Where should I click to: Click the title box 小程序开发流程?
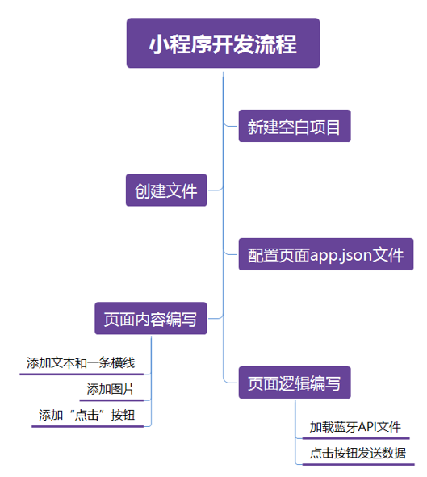click(x=223, y=43)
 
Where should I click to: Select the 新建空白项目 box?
click(x=295, y=126)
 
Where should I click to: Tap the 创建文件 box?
click(x=166, y=190)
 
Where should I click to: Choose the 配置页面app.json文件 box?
click(x=326, y=254)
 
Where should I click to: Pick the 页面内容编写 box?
click(x=151, y=319)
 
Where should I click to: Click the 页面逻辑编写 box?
click(x=295, y=383)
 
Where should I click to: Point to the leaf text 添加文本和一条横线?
click(x=81, y=363)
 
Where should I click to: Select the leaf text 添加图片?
click(x=111, y=389)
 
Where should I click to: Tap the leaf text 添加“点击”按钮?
click(x=86, y=415)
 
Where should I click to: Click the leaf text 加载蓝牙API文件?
click(x=355, y=427)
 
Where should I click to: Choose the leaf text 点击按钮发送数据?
click(x=358, y=454)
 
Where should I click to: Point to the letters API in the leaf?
click(x=366, y=427)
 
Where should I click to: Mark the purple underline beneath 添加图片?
click(x=111, y=400)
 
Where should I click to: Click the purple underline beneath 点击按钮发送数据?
click(x=358, y=465)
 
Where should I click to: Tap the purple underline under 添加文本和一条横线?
click(x=82, y=374)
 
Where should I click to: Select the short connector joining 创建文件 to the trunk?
click(x=216, y=190)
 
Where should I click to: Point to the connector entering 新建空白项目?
click(x=230, y=125)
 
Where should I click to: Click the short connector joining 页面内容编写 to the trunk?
click(x=216, y=318)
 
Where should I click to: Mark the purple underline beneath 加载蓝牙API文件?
click(x=356, y=438)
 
